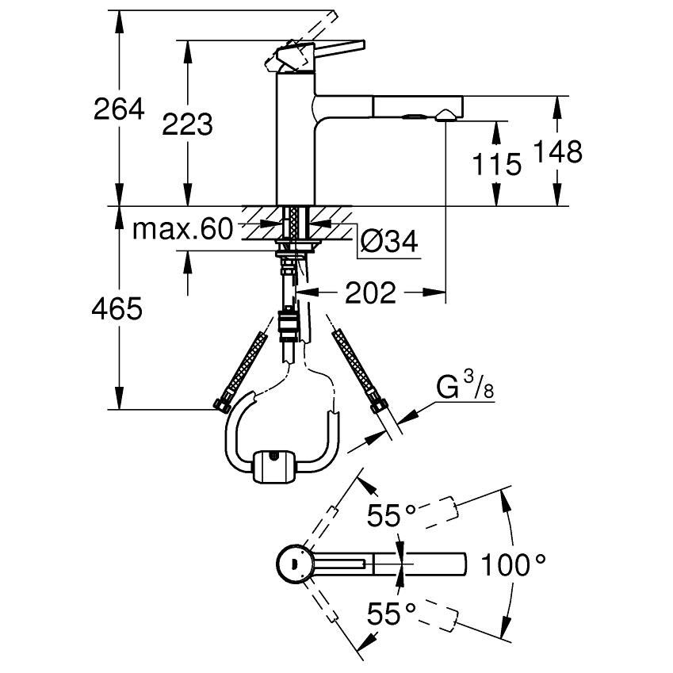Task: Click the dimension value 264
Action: pyautogui.click(x=120, y=109)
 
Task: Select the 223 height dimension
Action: pyautogui.click(x=188, y=124)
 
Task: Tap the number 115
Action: pyautogui.click(x=496, y=164)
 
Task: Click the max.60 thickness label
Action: pyautogui.click(x=183, y=231)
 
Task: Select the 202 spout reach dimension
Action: pyautogui.click(x=370, y=293)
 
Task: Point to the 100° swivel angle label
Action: pyautogui.click(x=515, y=565)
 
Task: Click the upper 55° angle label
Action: pyautogui.click(x=391, y=517)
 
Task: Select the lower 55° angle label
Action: pyautogui.click(x=391, y=612)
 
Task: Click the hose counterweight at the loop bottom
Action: pyautogui.click(x=274, y=465)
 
